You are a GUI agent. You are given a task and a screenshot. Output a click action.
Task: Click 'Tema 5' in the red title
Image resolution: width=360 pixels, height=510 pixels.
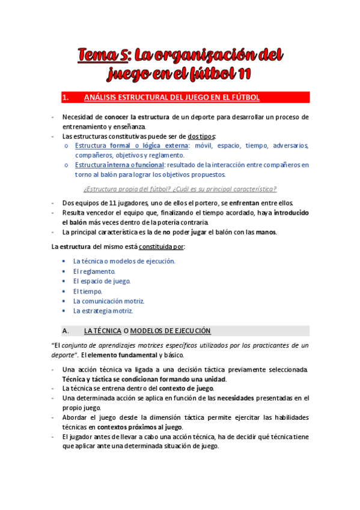(101, 56)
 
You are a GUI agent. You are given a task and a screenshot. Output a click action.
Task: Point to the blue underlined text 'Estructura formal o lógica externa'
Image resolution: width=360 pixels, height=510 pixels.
(130, 146)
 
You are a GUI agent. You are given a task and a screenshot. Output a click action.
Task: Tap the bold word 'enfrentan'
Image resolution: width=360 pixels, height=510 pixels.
(243, 204)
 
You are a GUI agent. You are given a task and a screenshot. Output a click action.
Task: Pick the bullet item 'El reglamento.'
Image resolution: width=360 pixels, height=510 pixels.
(94, 271)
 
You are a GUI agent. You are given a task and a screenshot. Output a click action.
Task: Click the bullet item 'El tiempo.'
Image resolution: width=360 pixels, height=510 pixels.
(88, 291)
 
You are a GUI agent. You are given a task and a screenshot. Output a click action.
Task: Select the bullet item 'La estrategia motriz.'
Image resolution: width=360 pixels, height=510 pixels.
(103, 311)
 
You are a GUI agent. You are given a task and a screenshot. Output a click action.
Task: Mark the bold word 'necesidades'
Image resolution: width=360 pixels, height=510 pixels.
(235, 398)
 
